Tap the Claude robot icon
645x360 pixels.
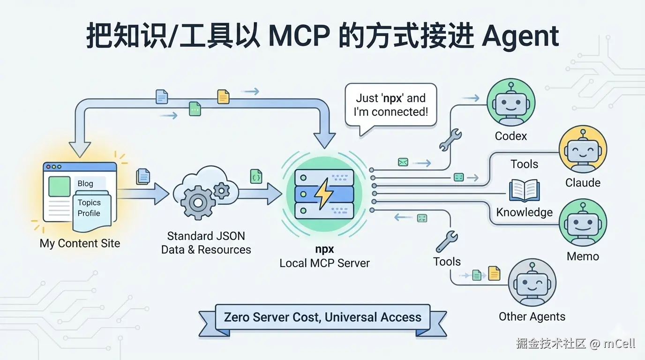(583, 150)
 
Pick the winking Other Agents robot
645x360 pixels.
(532, 283)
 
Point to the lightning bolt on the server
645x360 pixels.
(324, 194)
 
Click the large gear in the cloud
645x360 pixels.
(198, 202)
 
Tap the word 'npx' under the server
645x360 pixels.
(324, 249)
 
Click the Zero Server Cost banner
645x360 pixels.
(322, 317)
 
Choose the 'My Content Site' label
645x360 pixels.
(80, 243)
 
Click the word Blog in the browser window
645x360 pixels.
(85, 183)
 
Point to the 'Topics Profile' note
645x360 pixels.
(92, 209)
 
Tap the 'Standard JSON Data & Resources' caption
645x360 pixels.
(206, 243)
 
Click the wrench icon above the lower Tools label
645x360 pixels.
(446, 241)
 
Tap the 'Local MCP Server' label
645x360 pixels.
(324, 263)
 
